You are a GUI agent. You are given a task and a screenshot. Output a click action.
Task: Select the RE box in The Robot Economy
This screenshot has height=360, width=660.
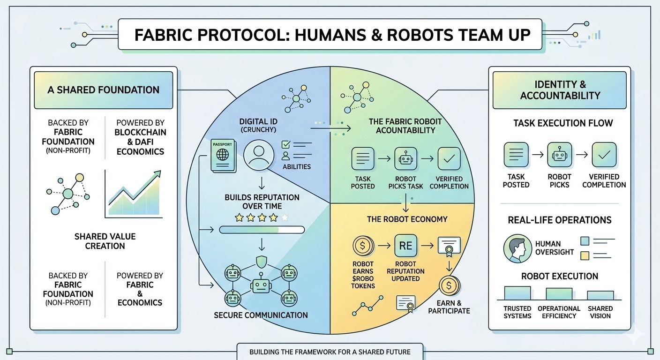pyautogui.click(x=406, y=246)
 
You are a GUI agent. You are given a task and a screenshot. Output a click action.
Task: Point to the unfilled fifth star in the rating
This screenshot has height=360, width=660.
pyautogui.click(x=284, y=217)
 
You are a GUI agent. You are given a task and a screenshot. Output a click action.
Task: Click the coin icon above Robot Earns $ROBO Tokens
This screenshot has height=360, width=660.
pyautogui.click(x=363, y=246)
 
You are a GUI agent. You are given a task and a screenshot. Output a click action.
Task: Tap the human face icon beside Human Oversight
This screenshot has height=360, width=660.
pyautogui.click(x=517, y=248)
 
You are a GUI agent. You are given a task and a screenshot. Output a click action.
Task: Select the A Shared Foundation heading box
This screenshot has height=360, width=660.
pyautogui.click(x=104, y=90)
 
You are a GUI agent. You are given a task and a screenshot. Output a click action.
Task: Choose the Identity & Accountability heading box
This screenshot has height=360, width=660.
pyautogui.click(x=560, y=90)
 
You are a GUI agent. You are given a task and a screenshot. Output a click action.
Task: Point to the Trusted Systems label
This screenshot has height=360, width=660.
pyautogui.click(x=517, y=312)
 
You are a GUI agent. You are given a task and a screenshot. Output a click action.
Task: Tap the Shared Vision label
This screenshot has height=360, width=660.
pyautogui.click(x=600, y=312)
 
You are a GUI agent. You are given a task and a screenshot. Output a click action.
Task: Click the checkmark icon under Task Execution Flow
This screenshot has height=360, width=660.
pyautogui.click(x=604, y=155)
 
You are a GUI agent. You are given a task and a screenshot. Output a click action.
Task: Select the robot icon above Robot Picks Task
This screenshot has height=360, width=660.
pyautogui.click(x=406, y=158)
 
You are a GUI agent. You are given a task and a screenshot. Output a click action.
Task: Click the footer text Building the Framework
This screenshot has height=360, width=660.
pyautogui.click(x=330, y=352)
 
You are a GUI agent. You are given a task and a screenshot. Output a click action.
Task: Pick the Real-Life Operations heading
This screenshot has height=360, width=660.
pyautogui.click(x=560, y=220)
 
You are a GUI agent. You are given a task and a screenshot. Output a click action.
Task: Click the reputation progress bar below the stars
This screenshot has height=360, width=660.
pyautogui.click(x=262, y=230)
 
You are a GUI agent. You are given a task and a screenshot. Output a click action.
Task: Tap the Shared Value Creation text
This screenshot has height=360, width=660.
pyautogui.click(x=105, y=241)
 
